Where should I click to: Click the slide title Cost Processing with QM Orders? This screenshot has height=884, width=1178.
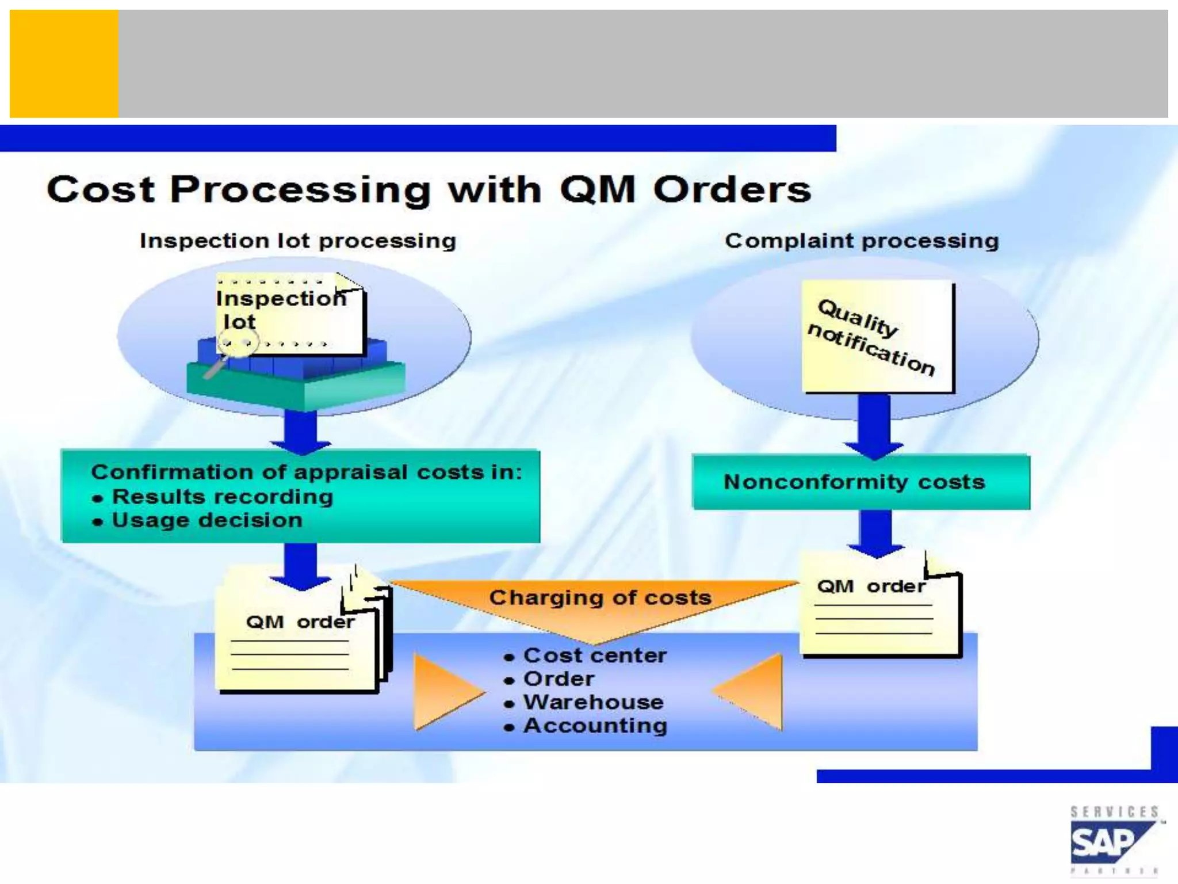click(429, 190)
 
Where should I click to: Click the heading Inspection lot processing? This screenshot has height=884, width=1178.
click(298, 241)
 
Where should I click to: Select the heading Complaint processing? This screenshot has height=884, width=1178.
click(862, 241)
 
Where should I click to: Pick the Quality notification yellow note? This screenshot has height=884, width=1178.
click(877, 337)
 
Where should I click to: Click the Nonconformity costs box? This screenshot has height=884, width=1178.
click(860, 482)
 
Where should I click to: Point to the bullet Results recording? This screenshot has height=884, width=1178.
click(222, 497)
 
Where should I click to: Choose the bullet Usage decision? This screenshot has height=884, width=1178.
click(207, 520)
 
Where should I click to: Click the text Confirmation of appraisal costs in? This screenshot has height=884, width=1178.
click(306, 472)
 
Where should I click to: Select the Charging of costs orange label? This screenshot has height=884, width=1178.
click(600, 598)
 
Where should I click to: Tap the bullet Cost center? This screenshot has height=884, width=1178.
click(595, 656)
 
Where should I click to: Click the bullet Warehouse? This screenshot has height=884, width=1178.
click(593, 702)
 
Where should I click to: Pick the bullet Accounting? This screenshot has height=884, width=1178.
click(595, 726)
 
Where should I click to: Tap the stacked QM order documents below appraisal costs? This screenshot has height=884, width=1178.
click(299, 639)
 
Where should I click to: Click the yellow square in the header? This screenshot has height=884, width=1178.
click(64, 63)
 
